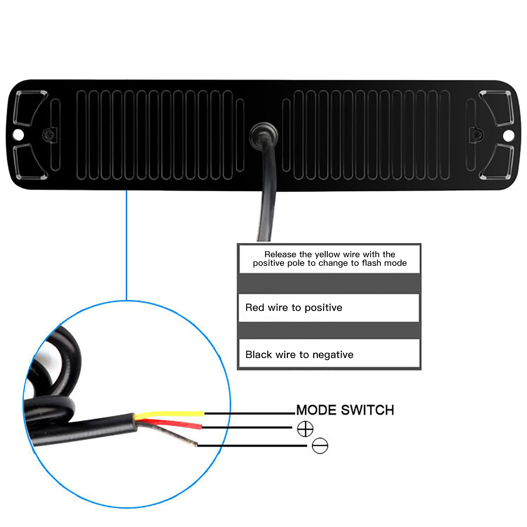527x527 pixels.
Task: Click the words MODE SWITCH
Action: pyautogui.click(x=345, y=410)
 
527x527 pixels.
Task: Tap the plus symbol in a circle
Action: pyautogui.click(x=305, y=429)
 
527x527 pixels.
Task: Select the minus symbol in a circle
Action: pyautogui.click(x=320, y=446)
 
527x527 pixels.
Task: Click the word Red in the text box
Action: pyautogui.click(x=255, y=308)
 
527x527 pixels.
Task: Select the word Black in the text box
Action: pyautogui.click(x=259, y=355)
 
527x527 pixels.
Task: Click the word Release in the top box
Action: pyautogui.click(x=280, y=254)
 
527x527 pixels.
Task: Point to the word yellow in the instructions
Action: pyautogui.click(x=328, y=254)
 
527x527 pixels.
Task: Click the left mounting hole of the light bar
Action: pyautogui.click(x=18, y=135)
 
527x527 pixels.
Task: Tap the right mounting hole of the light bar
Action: pyautogui.click(x=509, y=135)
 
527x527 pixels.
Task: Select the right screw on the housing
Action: pyautogui.click(x=477, y=134)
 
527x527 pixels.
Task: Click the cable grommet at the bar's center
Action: pyautogui.click(x=263, y=135)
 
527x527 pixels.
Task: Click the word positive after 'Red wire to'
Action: pyautogui.click(x=323, y=308)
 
